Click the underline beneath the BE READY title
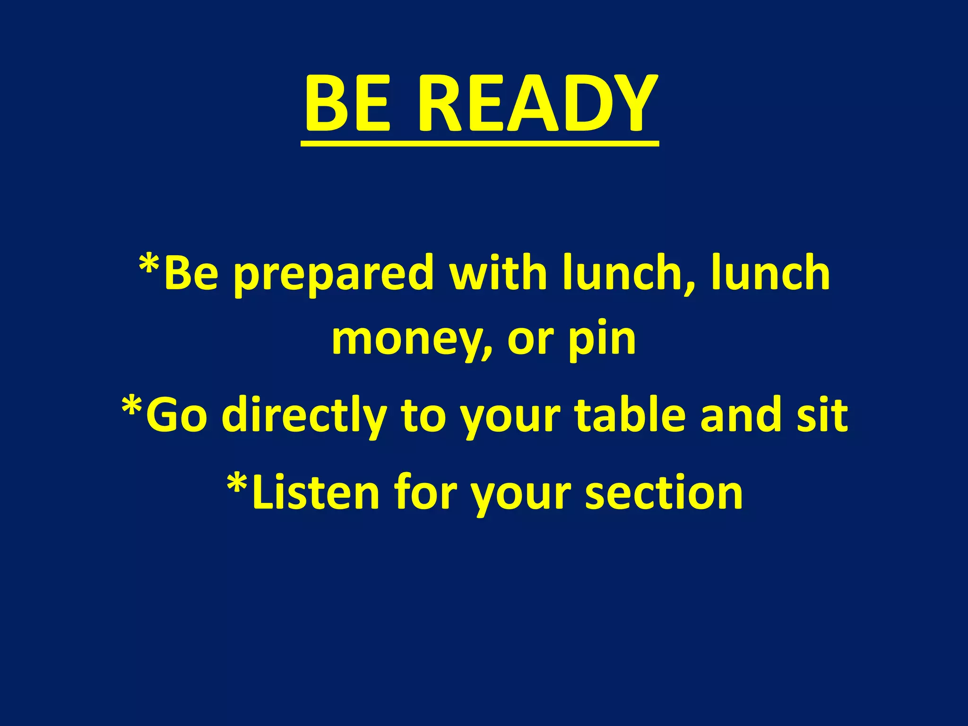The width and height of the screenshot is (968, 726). pos(480,143)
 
